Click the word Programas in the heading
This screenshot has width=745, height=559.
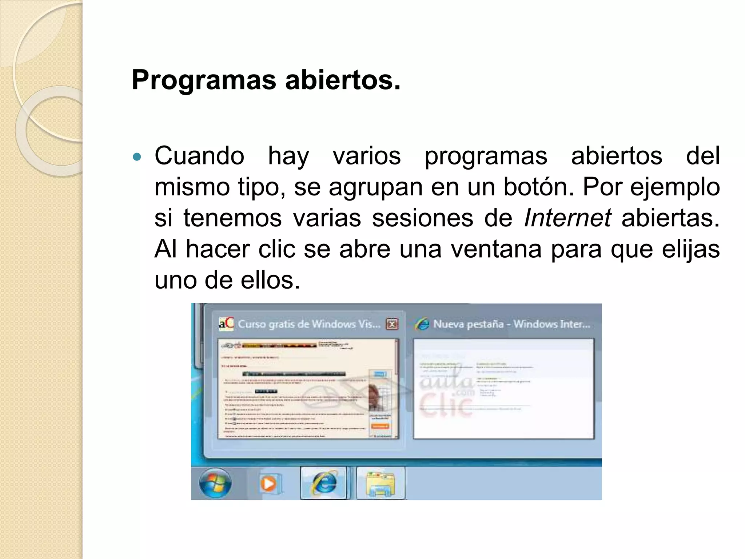(204, 80)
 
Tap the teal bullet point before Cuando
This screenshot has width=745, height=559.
(137, 158)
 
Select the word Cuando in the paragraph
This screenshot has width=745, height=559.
(199, 156)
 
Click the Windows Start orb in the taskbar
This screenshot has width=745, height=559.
(215, 483)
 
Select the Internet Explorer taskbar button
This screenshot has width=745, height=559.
(324, 483)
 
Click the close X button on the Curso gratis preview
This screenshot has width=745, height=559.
(392, 324)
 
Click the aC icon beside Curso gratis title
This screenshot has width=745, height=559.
(226, 324)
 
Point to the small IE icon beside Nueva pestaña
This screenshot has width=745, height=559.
(422, 324)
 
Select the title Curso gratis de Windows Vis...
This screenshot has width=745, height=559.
(309, 324)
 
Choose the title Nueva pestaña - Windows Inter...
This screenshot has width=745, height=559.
(511, 324)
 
